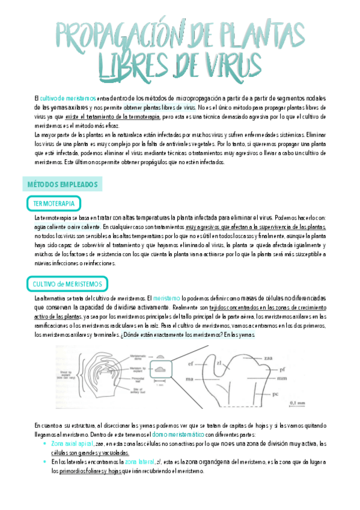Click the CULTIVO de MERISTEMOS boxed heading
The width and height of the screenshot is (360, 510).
pos(67,284)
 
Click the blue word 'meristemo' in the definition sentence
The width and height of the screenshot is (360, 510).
pos(166,298)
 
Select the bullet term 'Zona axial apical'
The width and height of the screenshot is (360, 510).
pos(72,443)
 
